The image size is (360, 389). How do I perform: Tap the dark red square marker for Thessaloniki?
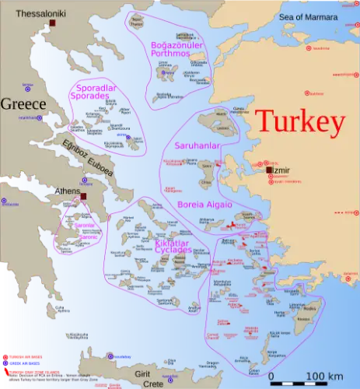[x=54, y=24]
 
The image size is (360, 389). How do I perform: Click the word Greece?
[x=23, y=103]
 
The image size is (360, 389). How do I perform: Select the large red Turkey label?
[x=299, y=122]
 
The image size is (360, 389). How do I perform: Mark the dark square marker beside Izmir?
[x=268, y=170]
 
